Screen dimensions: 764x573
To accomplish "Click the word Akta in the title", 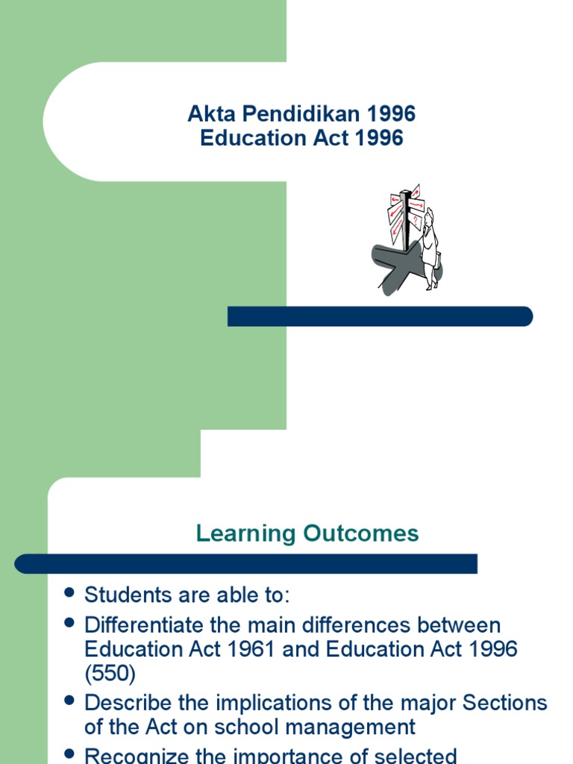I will [210, 114].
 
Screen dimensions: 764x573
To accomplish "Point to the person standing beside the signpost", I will [430, 246].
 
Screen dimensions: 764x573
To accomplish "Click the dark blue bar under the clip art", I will [380, 316].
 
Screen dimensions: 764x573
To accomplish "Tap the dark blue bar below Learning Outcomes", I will [246, 563].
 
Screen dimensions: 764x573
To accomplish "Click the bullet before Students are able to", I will [70, 593].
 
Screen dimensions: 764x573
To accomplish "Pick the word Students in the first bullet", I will [125, 595].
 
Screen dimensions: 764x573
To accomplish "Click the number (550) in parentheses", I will [110, 673].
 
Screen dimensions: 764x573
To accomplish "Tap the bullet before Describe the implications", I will [70, 701].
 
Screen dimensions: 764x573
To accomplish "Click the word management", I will [355, 727].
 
